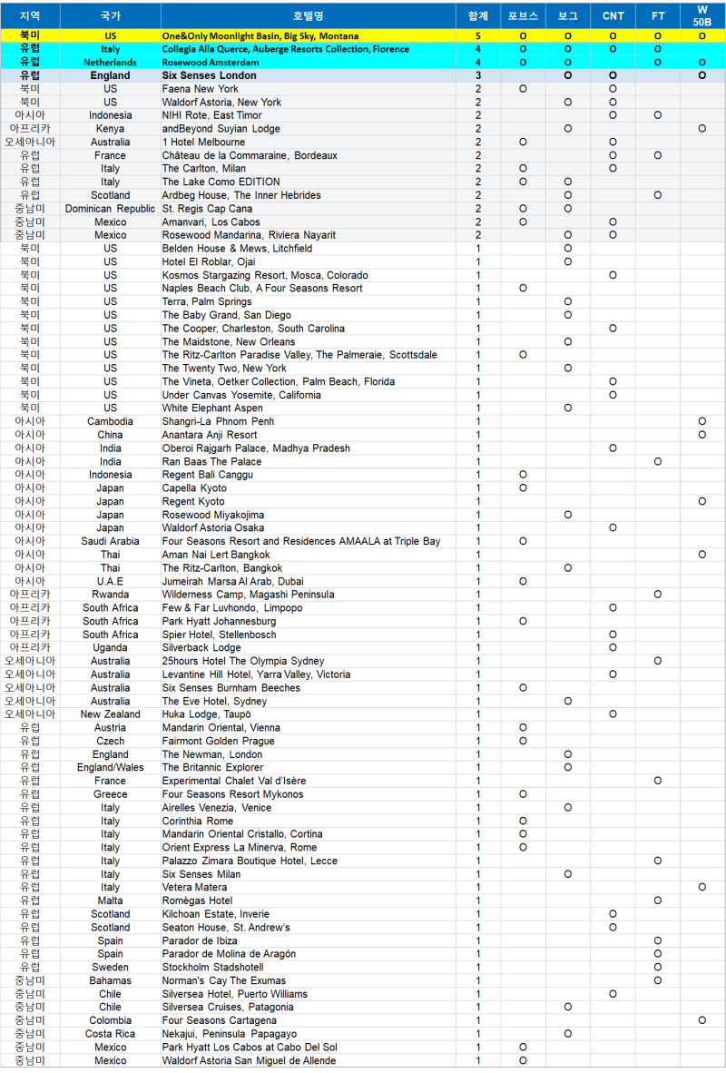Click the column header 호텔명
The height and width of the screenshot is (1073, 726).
tap(308, 16)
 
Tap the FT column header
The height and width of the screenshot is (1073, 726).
tap(658, 16)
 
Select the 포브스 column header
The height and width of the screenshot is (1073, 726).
tap(523, 16)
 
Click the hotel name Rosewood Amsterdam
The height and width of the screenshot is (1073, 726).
tap(211, 63)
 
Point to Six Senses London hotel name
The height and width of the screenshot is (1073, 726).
tap(209, 76)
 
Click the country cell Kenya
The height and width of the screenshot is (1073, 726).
tap(110, 129)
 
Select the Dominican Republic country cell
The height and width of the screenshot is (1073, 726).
tap(110, 209)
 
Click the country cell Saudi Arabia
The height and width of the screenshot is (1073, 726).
tap(110, 541)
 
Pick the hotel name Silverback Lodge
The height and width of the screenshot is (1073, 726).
tap(201, 648)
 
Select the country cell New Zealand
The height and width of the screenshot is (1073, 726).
tap(110, 714)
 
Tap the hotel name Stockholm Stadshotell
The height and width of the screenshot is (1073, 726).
tap(212, 968)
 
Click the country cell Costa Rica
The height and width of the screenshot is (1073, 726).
tap(110, 1034)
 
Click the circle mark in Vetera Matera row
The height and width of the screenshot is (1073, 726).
tap(702, 887)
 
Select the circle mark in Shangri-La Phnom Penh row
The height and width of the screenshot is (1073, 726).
tap(702, 421)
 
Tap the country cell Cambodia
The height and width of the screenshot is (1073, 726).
tap(110, 421)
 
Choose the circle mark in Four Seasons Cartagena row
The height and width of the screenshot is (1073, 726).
tap(702, 1020)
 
